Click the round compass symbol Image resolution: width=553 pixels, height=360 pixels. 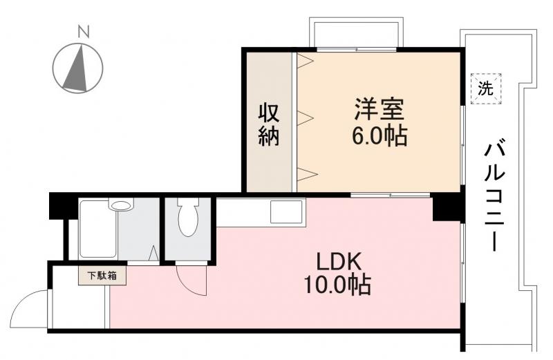78,68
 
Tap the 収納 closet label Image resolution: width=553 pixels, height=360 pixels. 269,124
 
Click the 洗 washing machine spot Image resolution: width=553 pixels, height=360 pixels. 487,88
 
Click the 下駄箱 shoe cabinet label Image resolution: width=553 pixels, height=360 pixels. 102,275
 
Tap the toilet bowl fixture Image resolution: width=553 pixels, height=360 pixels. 187,219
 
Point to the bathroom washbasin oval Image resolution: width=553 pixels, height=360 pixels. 121,205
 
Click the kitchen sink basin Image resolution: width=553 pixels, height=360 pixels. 286,210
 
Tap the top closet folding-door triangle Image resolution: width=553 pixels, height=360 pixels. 306,61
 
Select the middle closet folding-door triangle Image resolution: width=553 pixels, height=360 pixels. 306,117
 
